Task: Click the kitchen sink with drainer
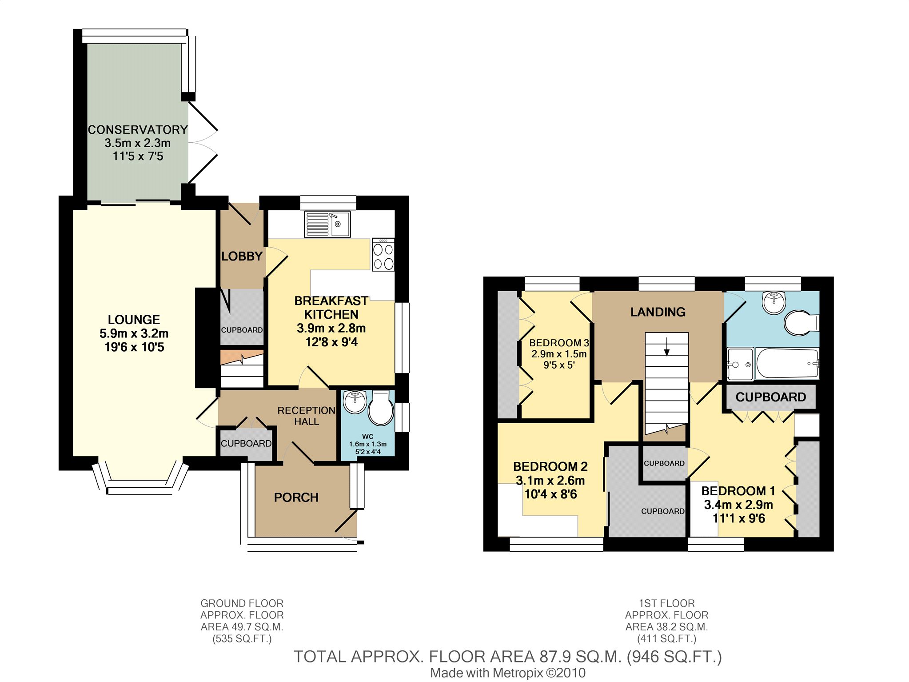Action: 327,224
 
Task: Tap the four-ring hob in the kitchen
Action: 383,255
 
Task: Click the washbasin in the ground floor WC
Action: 355,402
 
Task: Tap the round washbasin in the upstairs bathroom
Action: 774,302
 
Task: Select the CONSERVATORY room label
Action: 138,130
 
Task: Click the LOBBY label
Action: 242,256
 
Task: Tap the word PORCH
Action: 296,497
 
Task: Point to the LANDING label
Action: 658,312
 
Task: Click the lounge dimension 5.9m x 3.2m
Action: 134,333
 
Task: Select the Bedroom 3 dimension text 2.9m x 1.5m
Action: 559,354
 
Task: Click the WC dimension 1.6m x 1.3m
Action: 368,444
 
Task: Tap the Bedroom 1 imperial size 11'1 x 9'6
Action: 739,518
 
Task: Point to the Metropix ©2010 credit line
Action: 508,673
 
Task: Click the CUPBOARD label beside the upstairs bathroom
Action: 771,397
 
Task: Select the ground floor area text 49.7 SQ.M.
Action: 242,627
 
